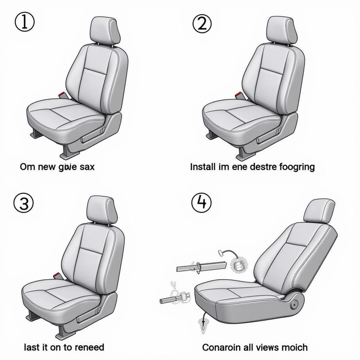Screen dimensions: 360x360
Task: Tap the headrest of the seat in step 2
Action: click(281, 30)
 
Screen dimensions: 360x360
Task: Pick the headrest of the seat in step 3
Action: click(102, 210)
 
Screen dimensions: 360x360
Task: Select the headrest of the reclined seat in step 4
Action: click(319, 211)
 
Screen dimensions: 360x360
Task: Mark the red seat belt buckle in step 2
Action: click(238, 95)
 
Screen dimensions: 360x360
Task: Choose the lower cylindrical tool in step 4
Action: click(174, 298)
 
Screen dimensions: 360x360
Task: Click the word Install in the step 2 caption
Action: click(201, 167)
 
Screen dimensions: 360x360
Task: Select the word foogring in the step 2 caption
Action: click(297, 167)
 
